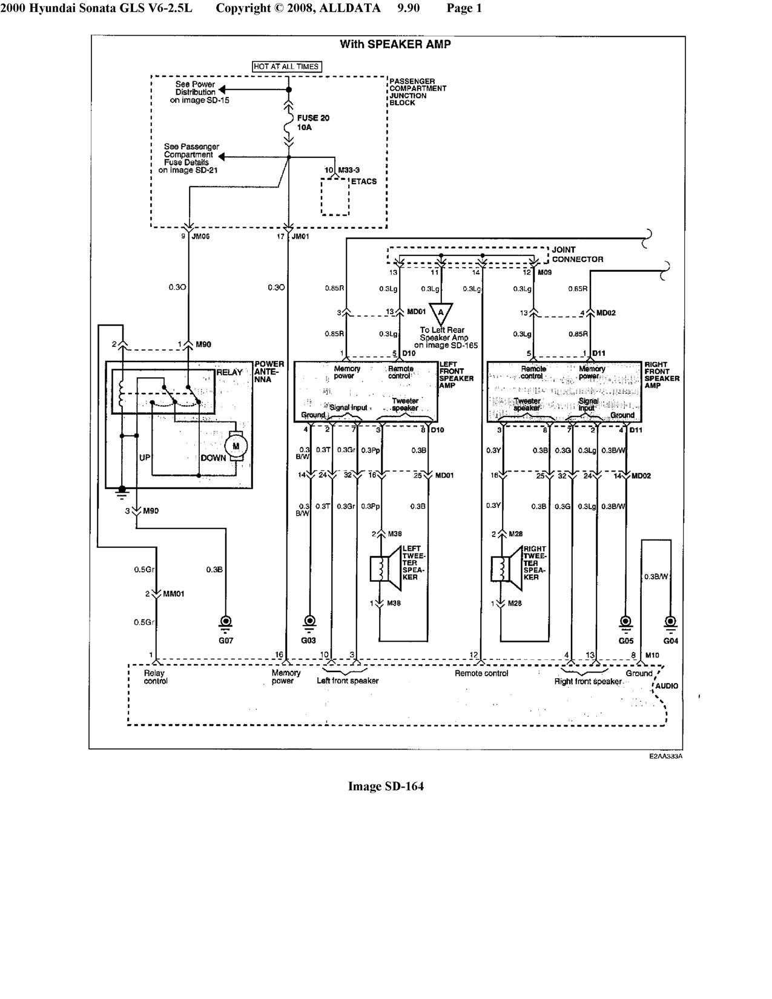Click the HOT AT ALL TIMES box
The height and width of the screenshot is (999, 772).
[x=286, y=67]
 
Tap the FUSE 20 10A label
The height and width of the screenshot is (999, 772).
[x=313, y=123]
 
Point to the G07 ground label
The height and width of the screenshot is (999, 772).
[x=225, y=641]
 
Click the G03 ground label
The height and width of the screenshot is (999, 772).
[x=309, y=641]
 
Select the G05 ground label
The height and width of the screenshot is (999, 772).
[x=625, y=641]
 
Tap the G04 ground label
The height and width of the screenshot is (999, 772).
[x=670, y=641]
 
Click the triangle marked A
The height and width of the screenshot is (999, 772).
[x=441, y=312]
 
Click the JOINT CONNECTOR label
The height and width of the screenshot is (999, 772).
[x=577, y=254]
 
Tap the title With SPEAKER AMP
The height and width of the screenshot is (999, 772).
[x=395, y=44]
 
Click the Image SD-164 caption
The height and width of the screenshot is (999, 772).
[x=386, y=786]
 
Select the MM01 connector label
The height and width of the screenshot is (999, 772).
[x=173, y=594]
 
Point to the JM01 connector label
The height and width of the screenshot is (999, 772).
[x=300, y=237]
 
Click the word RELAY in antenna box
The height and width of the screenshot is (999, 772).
[x=229, y=372]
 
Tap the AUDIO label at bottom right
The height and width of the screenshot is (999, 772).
[x=667, y=686]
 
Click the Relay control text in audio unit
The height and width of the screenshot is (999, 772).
[x=156, y=677]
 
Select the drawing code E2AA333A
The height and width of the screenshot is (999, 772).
[x=666, y=756]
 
